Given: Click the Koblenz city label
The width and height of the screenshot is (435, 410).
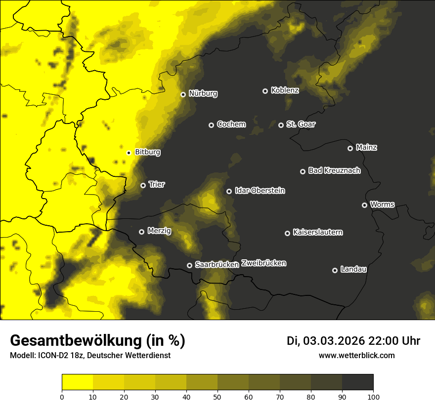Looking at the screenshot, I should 285,90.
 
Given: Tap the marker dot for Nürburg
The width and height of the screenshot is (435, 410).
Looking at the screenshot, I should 183,94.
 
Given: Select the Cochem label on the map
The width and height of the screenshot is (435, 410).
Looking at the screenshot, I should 231,124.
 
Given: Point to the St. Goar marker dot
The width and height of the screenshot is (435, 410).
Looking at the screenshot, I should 281,125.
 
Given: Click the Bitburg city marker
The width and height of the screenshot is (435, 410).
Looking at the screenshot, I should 129,153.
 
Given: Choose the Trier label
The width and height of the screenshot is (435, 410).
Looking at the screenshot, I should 157,184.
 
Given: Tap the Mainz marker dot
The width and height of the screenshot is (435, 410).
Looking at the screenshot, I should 350,148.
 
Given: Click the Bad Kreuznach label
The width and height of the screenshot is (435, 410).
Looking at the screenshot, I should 334,170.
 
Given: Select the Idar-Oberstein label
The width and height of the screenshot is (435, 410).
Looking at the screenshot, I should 260,191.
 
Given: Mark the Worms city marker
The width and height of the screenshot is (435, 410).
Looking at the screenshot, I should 364,205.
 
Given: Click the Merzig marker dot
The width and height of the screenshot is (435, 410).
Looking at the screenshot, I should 141,232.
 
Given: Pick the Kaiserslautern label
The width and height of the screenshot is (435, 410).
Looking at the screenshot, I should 317,232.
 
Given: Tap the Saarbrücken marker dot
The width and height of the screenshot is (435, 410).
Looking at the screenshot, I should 189,265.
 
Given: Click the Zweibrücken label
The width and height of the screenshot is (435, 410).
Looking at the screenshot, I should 263,263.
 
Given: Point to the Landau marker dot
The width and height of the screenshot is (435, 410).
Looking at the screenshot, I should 335,270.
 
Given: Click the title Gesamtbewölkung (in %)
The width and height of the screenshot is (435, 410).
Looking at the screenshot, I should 97,340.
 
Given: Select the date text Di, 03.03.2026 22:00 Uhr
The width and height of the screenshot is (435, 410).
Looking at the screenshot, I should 353,341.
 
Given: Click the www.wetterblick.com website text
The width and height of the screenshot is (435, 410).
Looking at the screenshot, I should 356,355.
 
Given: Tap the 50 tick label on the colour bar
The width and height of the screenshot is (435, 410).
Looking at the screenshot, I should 217,396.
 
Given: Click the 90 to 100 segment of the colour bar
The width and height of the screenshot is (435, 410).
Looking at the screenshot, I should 357,382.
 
